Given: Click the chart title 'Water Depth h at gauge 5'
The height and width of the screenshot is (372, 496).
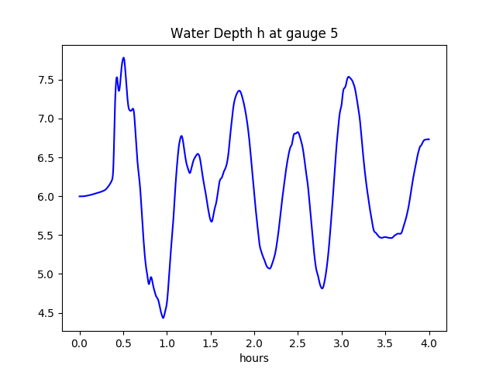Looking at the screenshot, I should (x=253, y=33).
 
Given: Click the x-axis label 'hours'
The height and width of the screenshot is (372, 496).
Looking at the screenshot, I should (x=253, y=358).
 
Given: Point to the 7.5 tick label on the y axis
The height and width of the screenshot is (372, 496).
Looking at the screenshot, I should (x=46, y=80).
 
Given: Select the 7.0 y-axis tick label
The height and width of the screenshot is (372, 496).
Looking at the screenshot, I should (x=46, y=119).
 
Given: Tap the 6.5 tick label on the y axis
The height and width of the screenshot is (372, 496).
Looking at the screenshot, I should (x=46, y=157).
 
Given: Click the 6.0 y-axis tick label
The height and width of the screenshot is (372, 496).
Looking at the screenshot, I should (x=46, y=196).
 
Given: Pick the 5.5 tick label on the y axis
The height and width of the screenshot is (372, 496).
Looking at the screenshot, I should (x=46, y=236).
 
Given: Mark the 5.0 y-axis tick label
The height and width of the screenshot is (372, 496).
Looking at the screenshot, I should (x=46, y=274).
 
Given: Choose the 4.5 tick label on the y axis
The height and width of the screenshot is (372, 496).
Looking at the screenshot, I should (x=46, y=313).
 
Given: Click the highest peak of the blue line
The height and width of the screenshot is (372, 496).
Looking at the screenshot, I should (x=123, y=57).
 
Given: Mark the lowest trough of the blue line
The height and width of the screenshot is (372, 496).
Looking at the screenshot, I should (x=163, y=318).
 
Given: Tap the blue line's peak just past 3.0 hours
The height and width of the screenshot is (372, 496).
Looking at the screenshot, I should (x=349, y=77).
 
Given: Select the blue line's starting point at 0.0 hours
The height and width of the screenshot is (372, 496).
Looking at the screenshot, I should (x=80, y=196).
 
